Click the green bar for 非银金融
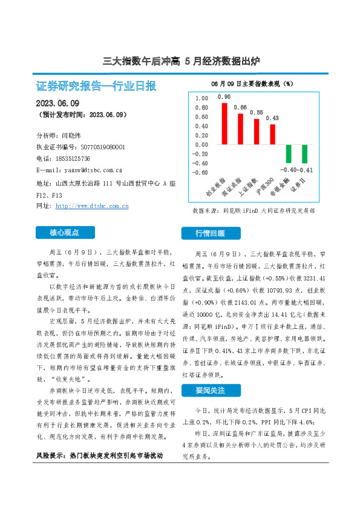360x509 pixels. pos(289,154)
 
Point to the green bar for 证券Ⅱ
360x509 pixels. pos(305,154)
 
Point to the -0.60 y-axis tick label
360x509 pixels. pos(200,172)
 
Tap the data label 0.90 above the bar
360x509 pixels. pos(224,97)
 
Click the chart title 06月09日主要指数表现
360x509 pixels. pos(252,83)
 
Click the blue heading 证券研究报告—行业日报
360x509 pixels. pos(96,86)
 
